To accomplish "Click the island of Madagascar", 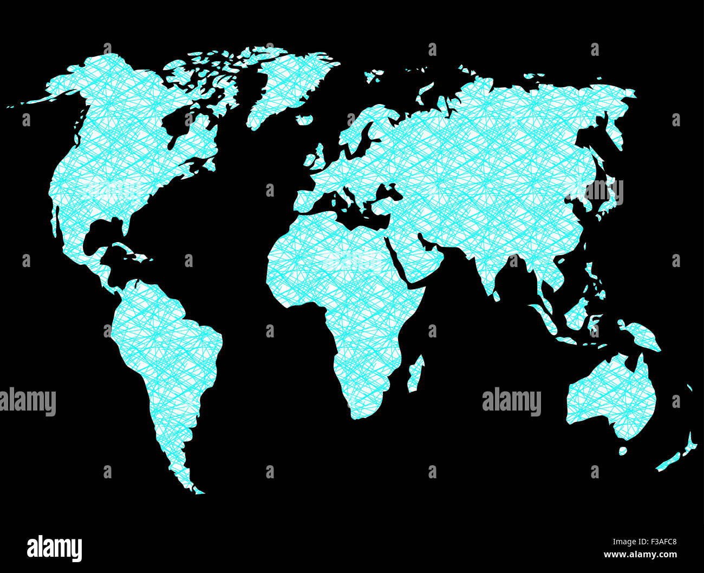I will [x=415, y=374].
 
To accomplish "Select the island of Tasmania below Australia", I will [x=623, y=451].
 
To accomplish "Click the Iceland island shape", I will [x=305, y=119].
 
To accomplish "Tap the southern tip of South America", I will [x=196, y=490].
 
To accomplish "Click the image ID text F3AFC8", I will [x=644, y=542].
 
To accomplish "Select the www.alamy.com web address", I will [x=640, y=555].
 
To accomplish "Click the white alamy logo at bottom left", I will [x=54, y=548].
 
